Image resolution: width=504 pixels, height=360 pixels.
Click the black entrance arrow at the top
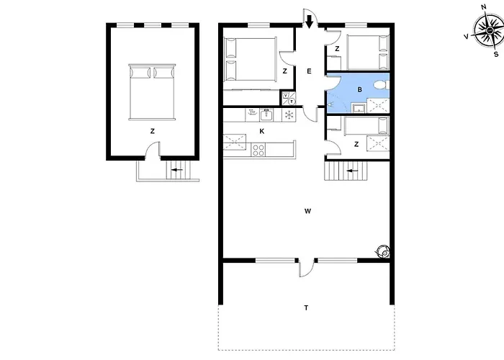click(309, 22)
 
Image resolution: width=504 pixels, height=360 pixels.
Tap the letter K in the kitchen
click(261, 131)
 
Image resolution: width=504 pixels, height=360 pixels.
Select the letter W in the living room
click(307, 211)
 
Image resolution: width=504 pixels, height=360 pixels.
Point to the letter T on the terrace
click(306, 308)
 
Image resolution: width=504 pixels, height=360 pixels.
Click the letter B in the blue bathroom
click(360, 90)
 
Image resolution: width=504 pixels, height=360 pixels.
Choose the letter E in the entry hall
click(309, 71)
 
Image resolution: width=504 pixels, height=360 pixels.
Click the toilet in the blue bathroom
click(382, 85)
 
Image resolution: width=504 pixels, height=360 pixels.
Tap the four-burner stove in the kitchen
click(258, 150)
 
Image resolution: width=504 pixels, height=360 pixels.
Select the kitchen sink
click(266, 114)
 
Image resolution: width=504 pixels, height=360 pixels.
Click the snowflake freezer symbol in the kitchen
click(289, 115)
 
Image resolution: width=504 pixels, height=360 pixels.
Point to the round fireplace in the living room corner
click(383, 251)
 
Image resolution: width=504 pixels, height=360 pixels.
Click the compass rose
click(489, 30)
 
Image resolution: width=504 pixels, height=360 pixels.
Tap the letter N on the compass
click(483, 7)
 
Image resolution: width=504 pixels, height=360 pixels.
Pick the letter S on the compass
click(496, 54)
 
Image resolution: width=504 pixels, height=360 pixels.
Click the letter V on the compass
click(466, 37)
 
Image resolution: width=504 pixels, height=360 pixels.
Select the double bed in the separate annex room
click(152, 92)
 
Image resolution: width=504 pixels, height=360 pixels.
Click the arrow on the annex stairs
click(177, 170)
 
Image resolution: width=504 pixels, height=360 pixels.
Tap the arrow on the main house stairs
click(353, 171)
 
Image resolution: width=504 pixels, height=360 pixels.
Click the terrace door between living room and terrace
click(306, 267)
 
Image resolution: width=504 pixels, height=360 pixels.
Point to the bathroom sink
click(359, 108)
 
